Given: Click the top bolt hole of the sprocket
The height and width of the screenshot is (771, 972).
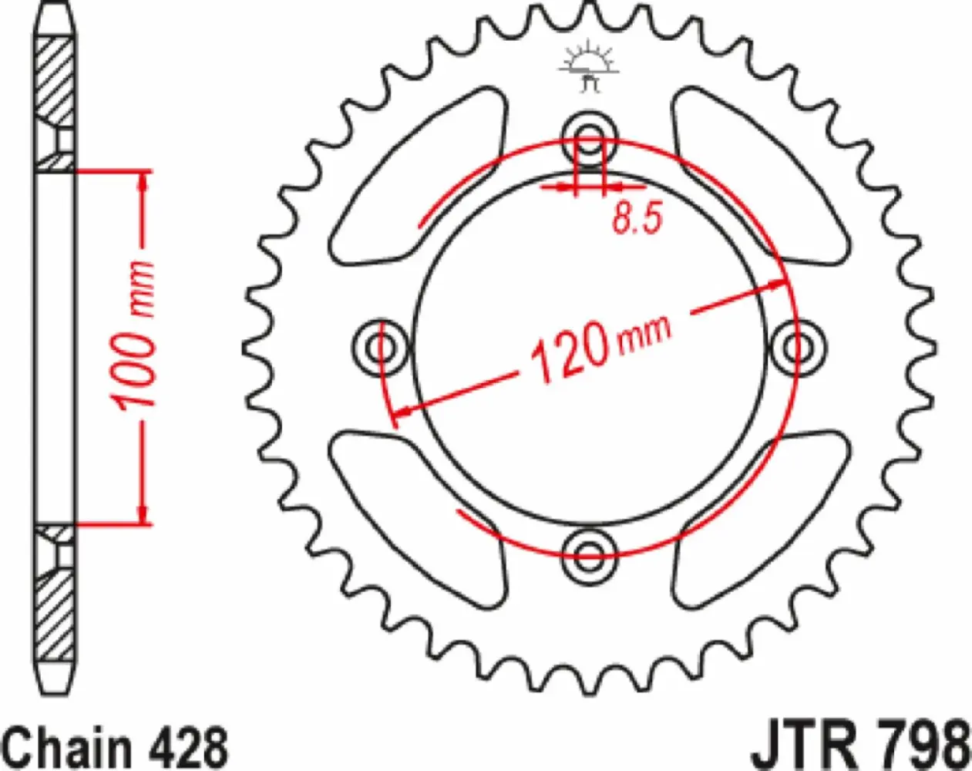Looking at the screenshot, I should pyautogui.click(x=590, y=140).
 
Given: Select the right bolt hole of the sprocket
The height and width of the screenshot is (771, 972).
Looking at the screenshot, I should pyautogui.click(x=799, y=347).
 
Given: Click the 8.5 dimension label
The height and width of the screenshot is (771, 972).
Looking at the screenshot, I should pyautogui.click(x=637, y=219).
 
